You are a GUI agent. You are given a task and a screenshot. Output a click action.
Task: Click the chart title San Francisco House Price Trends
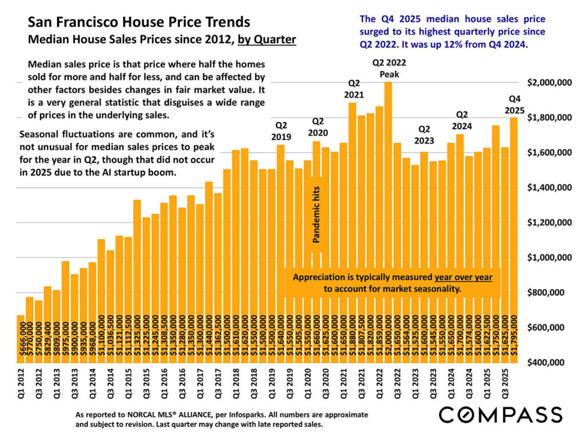(139, 23)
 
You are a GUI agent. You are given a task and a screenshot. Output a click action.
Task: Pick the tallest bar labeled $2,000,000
(388, 223)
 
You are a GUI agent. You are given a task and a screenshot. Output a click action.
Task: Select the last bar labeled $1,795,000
(514, 240)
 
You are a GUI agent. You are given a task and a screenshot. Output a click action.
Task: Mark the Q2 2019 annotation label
(281, 131)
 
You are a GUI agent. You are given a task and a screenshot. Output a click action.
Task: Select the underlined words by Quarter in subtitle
(266, 40)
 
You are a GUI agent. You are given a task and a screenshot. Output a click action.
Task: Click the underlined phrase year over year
(463, 277)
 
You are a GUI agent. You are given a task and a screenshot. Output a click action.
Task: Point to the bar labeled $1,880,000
(353, 229)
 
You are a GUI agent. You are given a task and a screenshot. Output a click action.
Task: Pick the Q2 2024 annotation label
(460, 120)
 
